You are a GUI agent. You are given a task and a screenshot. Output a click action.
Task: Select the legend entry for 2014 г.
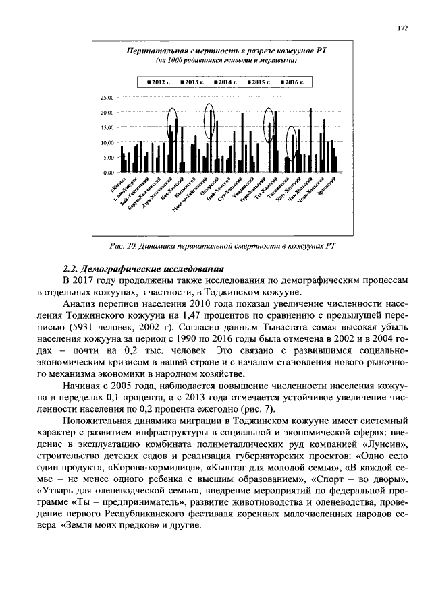224,82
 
